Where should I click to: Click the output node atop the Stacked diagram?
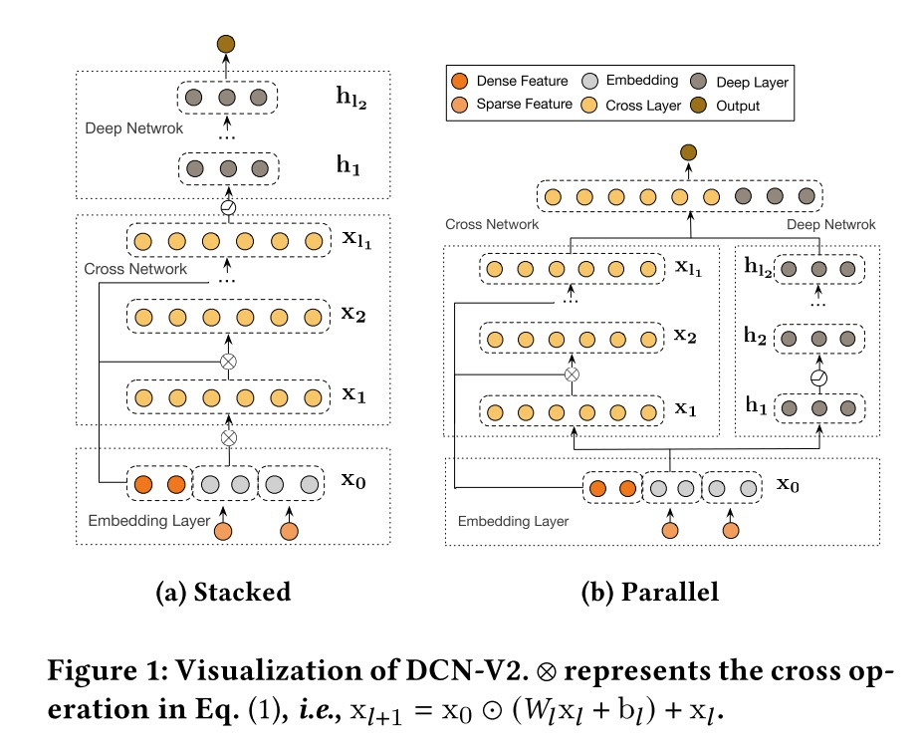[226, 44]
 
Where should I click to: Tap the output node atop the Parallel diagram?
[687, 152]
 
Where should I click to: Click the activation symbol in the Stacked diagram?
[228, 207]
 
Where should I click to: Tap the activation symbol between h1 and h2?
[818, 379]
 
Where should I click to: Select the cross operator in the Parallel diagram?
[571, 374]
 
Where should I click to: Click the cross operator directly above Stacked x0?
[228, 436]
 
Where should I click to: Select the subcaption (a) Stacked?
[223, 592]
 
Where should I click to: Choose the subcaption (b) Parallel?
[650, 592]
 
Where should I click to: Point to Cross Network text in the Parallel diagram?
[492, 225]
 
